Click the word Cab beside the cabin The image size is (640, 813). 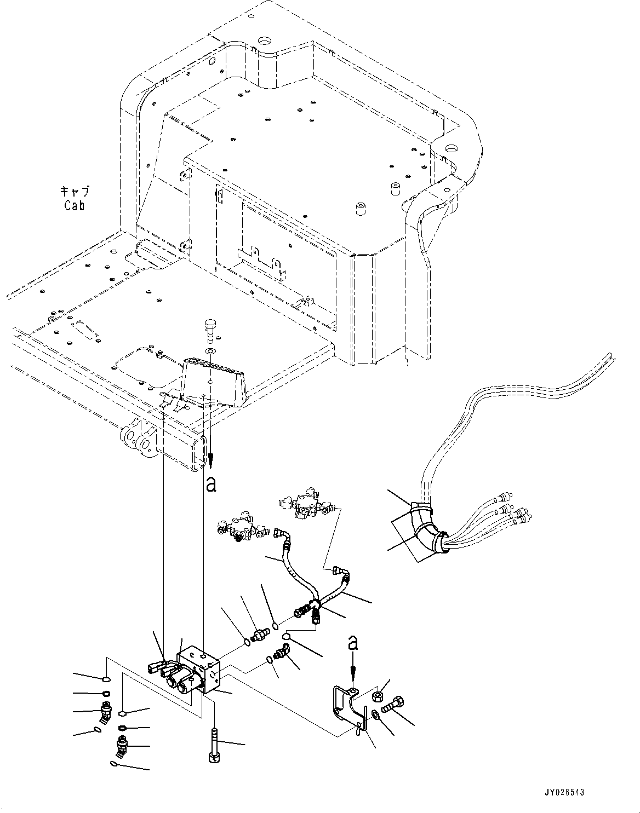[74, 205]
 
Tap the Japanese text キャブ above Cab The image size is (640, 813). [75, 192]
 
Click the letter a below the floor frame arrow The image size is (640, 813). [211, 484]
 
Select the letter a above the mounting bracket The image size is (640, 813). [353, 642]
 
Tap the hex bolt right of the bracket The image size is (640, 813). [394, 705]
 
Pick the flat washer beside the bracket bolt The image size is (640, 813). [376, 714]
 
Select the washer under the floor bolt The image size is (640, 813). [210, 351]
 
